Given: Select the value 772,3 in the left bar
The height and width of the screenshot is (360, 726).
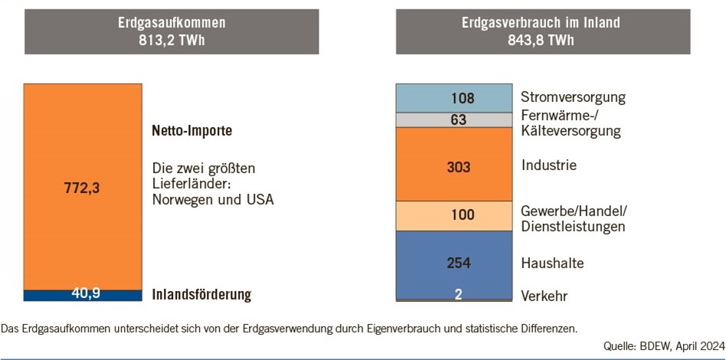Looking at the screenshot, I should pyautogui.click(x=83, y=188).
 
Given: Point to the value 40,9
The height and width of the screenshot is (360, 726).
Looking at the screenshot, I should pyautogui.click(x=87, y=294).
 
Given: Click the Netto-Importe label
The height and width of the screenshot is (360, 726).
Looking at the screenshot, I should pyautogui.click(x=191, y=131).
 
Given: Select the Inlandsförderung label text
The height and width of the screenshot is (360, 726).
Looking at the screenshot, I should pyautogui.click(x=201, y=295).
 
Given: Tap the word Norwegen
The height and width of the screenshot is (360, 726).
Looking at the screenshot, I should pyautogui.click(x=179, y=200).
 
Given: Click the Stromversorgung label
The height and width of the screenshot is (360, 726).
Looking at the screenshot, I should pyautogui.click(x=573, y=97).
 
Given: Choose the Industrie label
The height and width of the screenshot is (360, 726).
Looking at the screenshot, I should pyautogui.click(x=548, y=165).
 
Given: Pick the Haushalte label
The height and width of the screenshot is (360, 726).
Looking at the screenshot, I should pyautogui.click(x=552, y=263).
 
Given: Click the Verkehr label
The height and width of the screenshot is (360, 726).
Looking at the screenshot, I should pyautogui.click(x=544, y=296).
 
